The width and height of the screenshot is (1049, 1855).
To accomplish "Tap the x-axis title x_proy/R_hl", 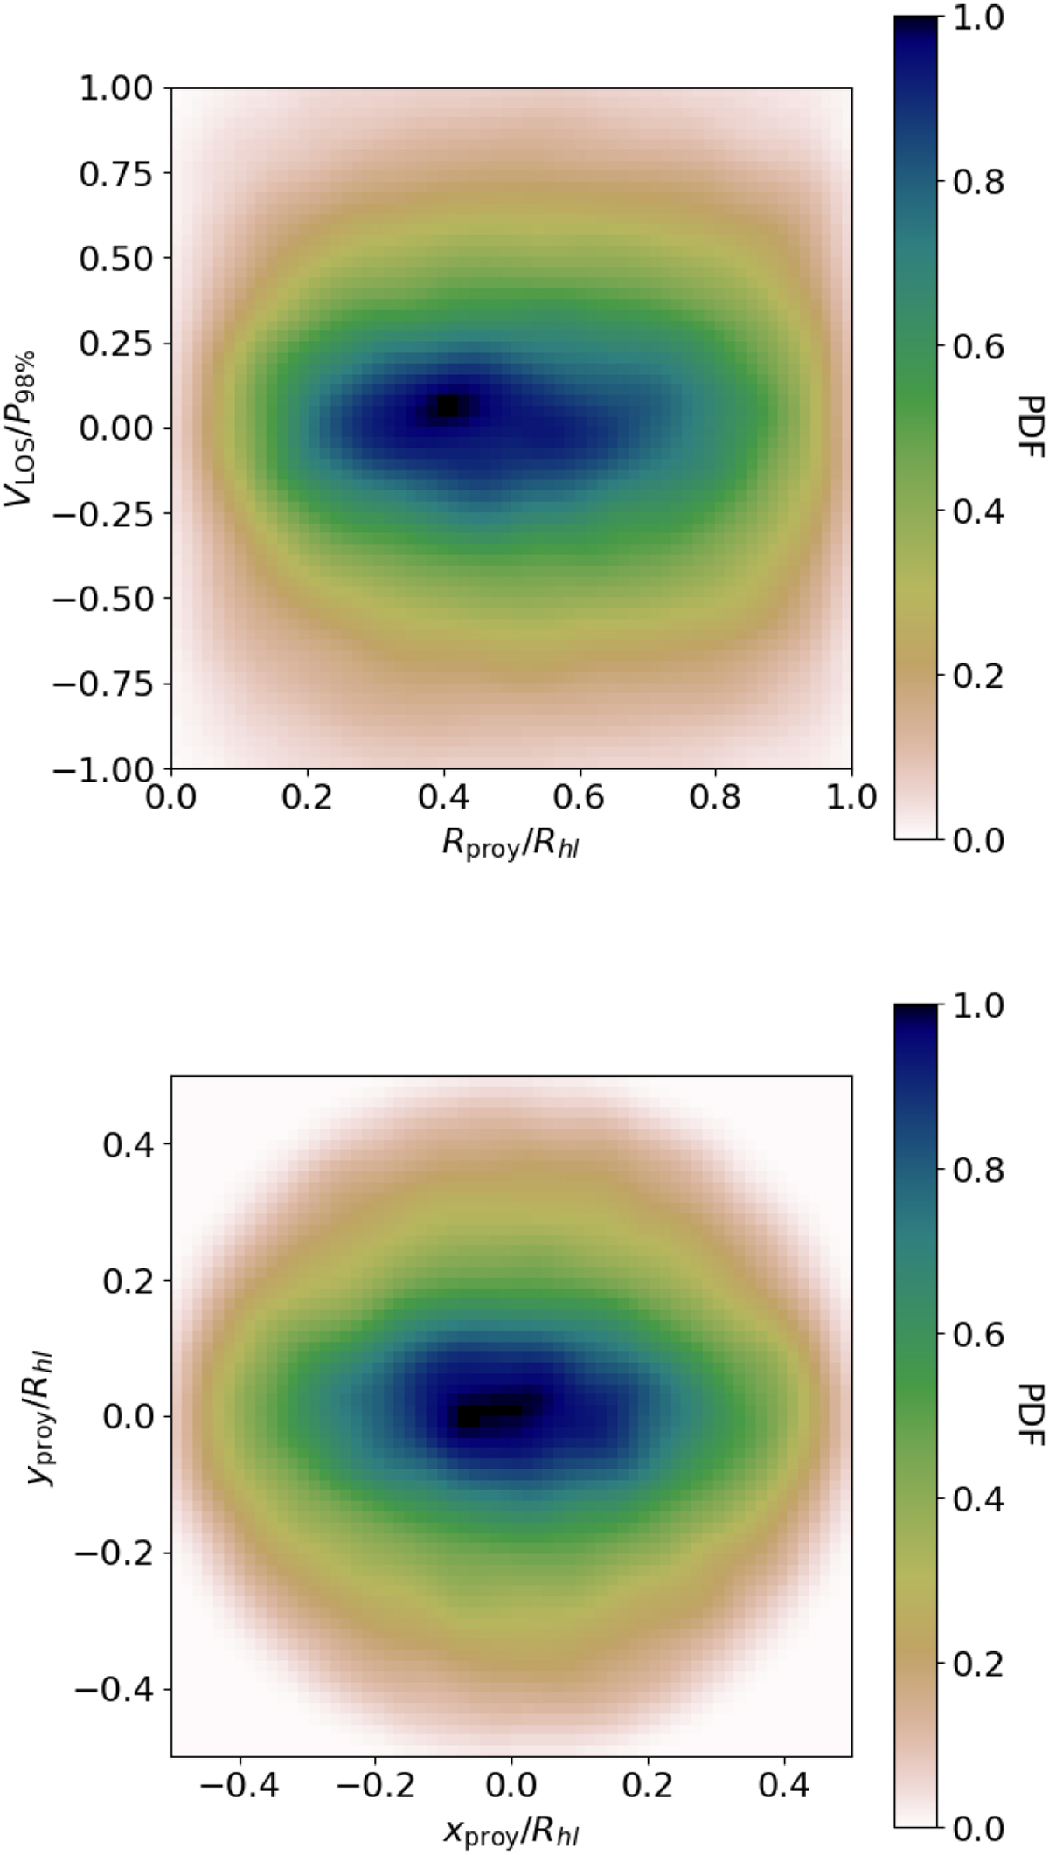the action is [511, 1831].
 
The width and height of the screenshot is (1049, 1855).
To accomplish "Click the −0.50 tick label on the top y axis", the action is [105, 599].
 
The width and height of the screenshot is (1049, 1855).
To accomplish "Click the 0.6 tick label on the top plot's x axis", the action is [580, 798].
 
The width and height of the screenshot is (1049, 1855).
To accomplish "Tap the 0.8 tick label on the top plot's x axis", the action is [716, 798].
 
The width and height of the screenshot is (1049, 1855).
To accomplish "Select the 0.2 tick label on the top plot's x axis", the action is [307, 798].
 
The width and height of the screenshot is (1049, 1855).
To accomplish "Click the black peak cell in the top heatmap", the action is [448, 406].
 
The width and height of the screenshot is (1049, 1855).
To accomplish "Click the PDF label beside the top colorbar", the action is [1032, 427].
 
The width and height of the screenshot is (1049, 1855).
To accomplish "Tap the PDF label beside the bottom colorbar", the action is [1032, 1415].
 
